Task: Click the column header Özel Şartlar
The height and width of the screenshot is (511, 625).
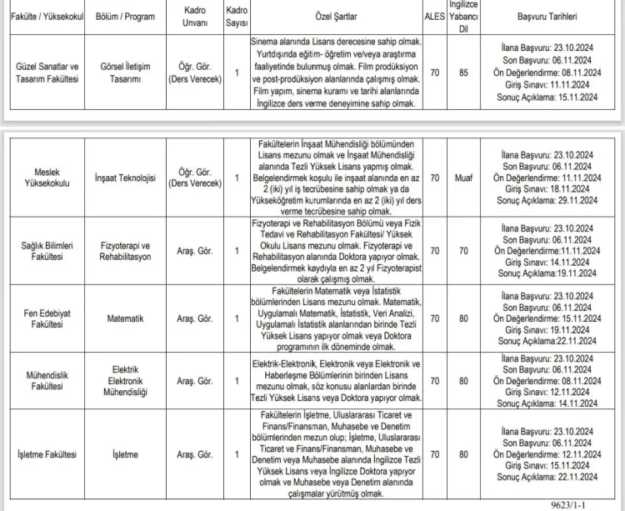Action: tap(337, 16)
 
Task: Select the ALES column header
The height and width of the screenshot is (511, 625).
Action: tap(435, 16)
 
